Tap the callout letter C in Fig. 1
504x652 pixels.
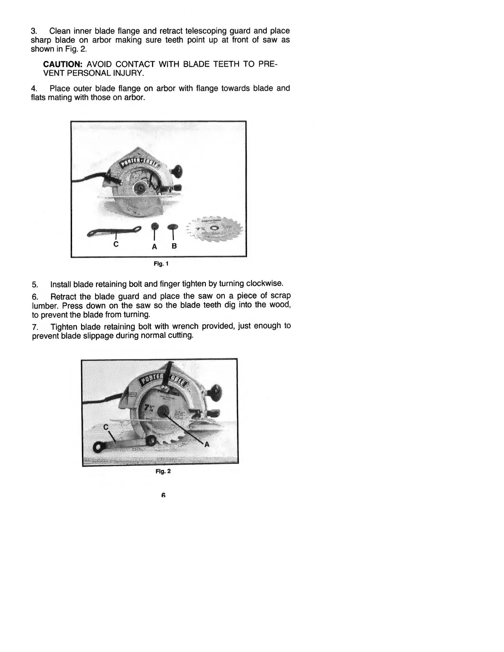[116, 244]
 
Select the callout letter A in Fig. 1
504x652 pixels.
[154, 247]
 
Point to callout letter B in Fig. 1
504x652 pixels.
[174, 246]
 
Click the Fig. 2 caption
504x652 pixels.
[163, 471]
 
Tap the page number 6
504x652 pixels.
[163, 495]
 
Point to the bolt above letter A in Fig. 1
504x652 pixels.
[154, 226]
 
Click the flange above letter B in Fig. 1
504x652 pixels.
[173, 226]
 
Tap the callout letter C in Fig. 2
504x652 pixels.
[106, 427]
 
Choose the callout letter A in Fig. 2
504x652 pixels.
[207, 444]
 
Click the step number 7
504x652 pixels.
[35, 327]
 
